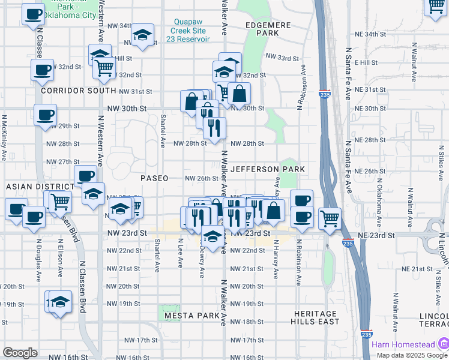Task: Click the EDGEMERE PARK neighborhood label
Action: pos(268,29)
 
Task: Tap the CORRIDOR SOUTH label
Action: pos(79,91)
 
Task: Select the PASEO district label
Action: pos(154,178)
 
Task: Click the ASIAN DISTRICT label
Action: pos(40,187)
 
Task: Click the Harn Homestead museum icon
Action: pos(443,344)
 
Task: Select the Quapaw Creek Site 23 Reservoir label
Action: pos(190,30)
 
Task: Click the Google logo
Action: pos(20,353)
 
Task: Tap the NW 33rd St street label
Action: pos(282,58)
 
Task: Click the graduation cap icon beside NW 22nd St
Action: pos(211,236)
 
